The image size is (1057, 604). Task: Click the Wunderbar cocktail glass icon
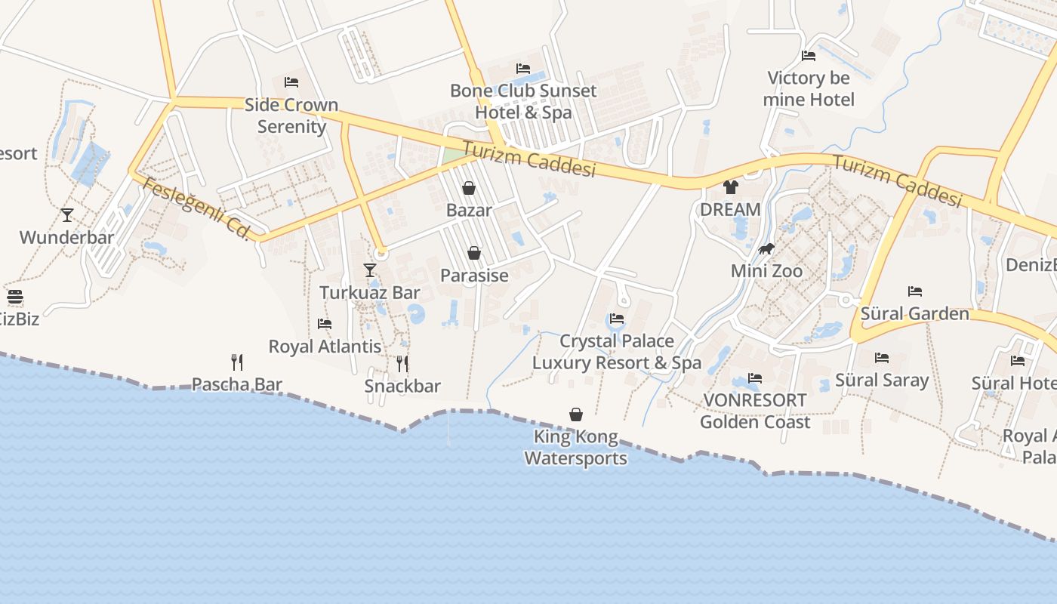coord(67,215)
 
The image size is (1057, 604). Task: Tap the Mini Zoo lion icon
coord(766,248)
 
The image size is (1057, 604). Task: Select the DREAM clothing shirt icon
coord(730,187)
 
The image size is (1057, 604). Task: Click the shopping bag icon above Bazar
coord(469,188)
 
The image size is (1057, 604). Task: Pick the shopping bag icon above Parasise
coord(474,253)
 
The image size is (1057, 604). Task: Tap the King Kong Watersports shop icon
coord(576,414)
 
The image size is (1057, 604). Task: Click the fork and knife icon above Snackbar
coord(402,364)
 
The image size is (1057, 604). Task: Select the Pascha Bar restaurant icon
coord(237,362)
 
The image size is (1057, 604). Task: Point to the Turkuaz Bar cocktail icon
coord(369,270)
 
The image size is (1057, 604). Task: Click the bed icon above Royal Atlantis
coord(325,324)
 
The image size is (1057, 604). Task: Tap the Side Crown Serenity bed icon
coord(291,82)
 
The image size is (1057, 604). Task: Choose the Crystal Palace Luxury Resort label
coord(617,352)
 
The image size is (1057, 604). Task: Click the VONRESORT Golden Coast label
coord(755,411)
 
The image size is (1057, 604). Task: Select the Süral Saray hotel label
coord(882,380)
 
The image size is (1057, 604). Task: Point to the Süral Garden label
coord(915,313)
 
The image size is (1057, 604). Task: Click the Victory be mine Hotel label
coord(809,89)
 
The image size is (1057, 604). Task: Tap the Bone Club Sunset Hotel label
coord(523,101)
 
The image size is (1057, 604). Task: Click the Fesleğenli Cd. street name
coord(196,208)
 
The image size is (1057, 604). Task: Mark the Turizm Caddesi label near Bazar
coord(529,159)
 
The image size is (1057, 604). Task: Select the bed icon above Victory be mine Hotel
coord(809,56)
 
